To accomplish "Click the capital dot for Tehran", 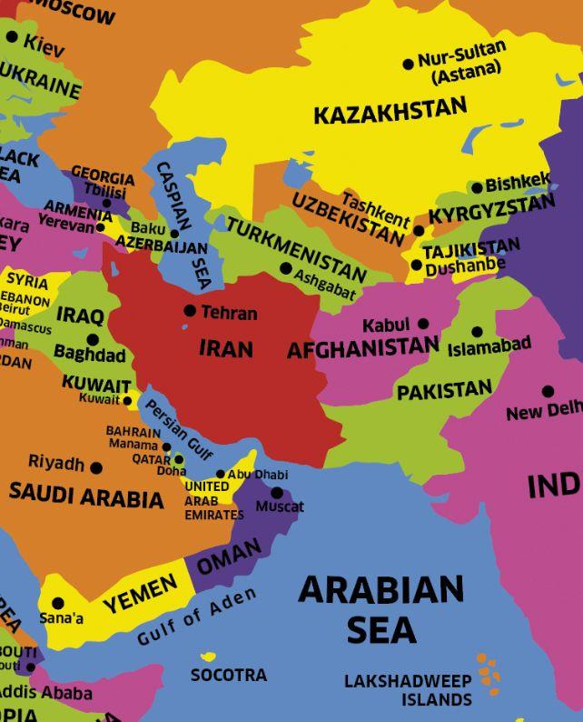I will (190, 311).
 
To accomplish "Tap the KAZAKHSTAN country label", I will (390, 112).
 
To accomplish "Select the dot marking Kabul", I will (423, 324).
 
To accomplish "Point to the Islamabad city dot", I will (478, 332).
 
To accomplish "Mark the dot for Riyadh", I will (96, 467).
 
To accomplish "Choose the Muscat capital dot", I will (277, 493).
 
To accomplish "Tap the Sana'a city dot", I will (58, 603).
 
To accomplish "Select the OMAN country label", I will (229, 556).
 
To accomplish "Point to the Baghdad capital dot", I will (92, 339).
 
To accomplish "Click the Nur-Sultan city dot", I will (408, 64).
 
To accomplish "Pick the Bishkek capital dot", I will (477, 188).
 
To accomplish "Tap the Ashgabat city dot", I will (286, 268).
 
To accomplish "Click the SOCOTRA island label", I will (228, 676).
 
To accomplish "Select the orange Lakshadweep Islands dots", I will (489, 670).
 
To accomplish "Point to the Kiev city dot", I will (12, 37).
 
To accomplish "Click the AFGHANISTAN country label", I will (362, 349).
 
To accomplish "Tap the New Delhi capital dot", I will (548, 392).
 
